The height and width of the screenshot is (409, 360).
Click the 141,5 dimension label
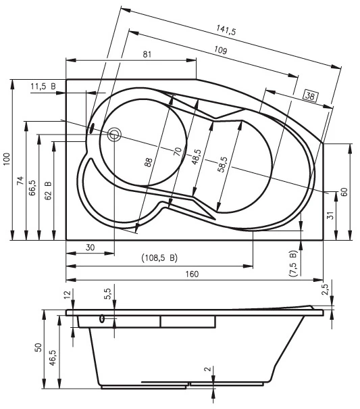226,30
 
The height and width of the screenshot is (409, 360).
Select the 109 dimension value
221,49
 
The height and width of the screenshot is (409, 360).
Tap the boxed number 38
310,96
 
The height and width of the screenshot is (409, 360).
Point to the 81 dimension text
147,54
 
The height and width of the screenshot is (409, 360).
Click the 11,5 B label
43,86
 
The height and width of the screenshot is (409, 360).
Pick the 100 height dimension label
6,159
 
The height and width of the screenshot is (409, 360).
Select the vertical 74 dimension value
20,181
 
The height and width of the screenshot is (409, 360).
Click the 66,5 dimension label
32,188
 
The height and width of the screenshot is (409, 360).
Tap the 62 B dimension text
48,191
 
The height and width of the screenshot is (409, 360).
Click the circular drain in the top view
114,135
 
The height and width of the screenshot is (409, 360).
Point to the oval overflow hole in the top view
91,128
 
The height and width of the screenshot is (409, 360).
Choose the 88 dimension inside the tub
148,162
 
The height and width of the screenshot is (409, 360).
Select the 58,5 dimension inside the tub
222,164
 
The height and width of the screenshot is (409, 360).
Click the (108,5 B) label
159,258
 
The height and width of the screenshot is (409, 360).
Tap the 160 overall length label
192,274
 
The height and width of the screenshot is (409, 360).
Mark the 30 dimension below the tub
90,247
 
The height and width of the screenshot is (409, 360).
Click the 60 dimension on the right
344,192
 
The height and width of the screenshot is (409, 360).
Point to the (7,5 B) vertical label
293,264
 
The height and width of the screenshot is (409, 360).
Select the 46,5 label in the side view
53,358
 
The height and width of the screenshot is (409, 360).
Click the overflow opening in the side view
102,318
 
